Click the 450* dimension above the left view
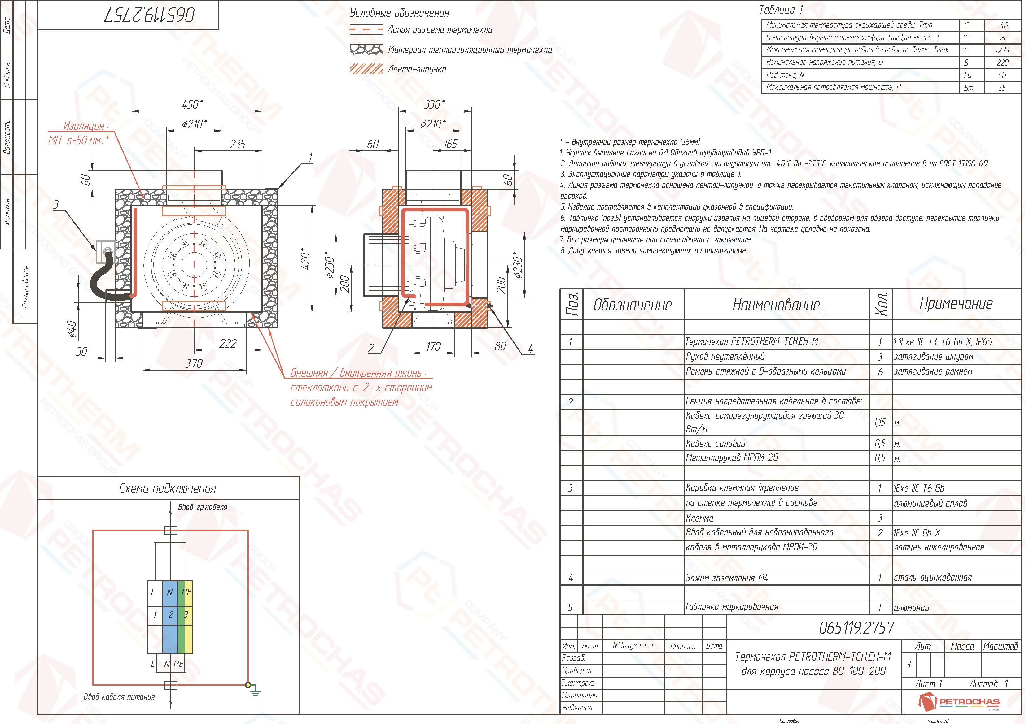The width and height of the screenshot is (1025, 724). tap(193, 104)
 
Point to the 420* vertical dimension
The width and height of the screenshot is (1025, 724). tap(305, 259)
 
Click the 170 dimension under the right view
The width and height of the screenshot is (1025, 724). tap(433, 347)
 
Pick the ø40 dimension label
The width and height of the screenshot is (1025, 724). tap(72, 329)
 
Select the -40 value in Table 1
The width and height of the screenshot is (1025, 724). tap(1002, 25)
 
